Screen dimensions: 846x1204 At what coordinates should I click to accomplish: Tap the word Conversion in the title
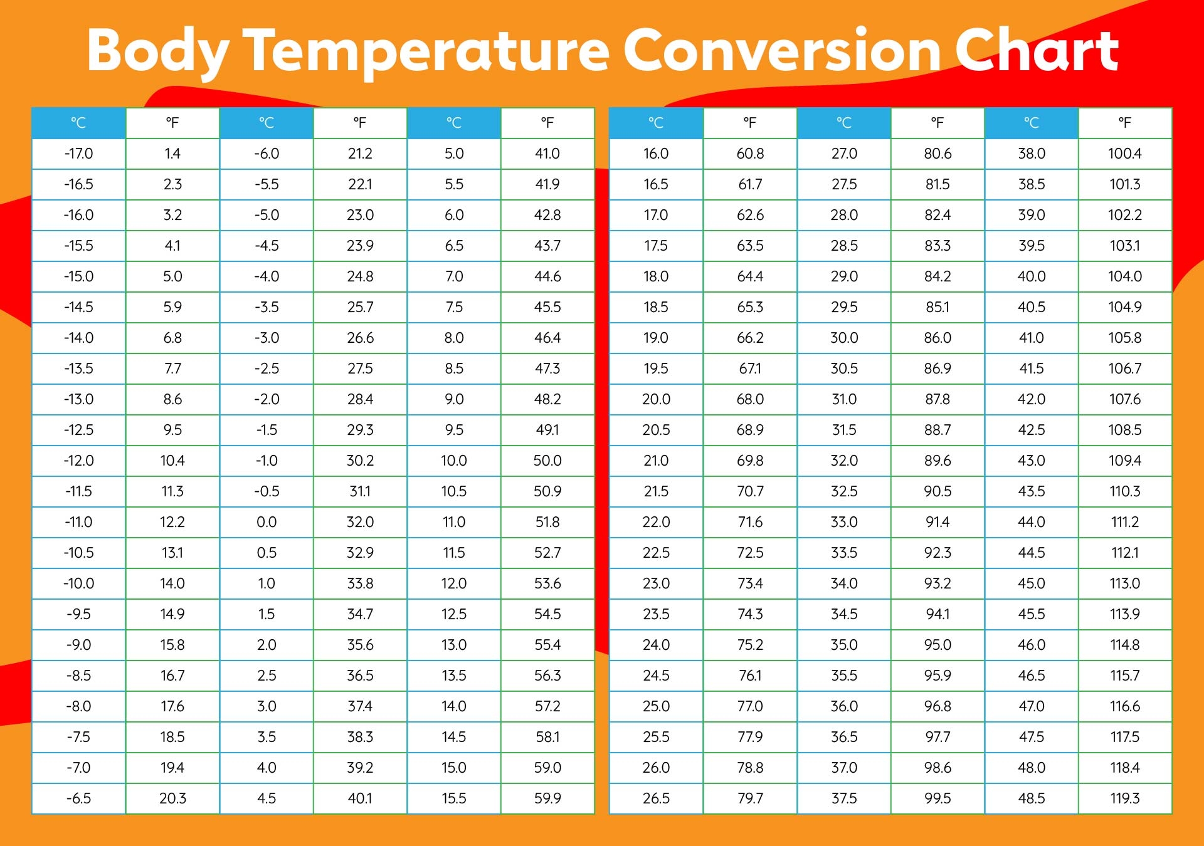point(781,50)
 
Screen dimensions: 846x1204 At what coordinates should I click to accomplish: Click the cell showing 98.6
point(937,768)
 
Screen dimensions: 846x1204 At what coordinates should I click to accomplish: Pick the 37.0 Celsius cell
point(844,768)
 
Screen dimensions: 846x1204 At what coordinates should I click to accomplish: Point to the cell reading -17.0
point(78,154)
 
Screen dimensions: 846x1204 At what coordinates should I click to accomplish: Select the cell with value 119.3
point(1125,798)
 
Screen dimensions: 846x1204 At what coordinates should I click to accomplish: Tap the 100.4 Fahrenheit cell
point(1125,154)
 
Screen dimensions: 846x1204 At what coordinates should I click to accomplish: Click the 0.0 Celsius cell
point(267,522)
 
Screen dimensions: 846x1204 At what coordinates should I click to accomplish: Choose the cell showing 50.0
point(547,461)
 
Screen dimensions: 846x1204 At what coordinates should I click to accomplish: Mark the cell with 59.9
point(547,798)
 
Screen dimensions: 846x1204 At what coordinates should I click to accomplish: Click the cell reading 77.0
point(750,706)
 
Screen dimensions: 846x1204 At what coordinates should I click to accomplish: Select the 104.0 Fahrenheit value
point(1125,276)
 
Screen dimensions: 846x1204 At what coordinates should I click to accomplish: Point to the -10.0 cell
point(78,583)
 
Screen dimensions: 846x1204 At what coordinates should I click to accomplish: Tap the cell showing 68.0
point(750,399)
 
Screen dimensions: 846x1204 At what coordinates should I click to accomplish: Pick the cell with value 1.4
point(172,154)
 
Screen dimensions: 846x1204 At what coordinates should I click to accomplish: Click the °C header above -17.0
point(78,123)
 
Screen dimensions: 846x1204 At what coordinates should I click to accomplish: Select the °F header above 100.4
point(1125,123)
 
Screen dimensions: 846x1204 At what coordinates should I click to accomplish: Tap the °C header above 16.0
point(656,123)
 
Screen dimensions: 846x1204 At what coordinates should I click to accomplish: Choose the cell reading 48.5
point(1032,798)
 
